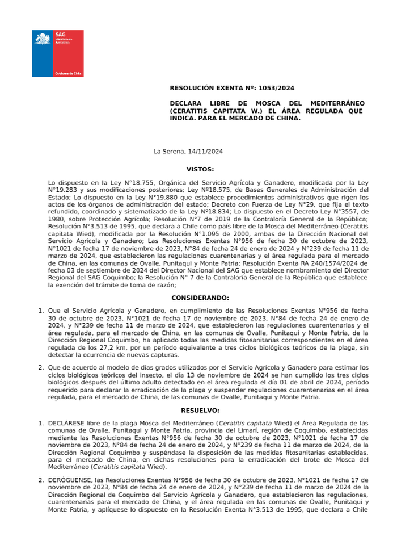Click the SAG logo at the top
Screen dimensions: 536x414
click(x=57, y=53)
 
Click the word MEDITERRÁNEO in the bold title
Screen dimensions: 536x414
click(x=332, y=103)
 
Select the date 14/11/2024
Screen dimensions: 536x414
click(x=204, y=152)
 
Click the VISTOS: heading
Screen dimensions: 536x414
click(x=200, y=169)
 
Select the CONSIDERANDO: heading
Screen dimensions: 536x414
click(x=200, y=298)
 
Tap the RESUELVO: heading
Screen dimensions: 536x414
click(x=200, y=409)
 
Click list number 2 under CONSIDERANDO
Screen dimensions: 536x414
click(x=41, y=367)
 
